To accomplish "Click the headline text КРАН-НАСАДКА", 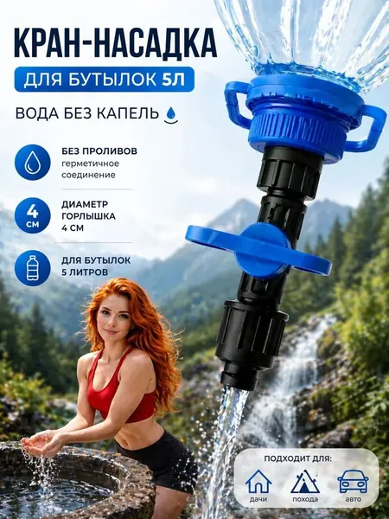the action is click(116, 44).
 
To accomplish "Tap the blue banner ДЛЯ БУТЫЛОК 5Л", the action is click(104, 80).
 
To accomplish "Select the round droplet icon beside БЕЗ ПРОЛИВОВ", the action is click(33, 163).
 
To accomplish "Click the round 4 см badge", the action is click(33, 215).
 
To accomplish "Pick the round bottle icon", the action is click(33, 268).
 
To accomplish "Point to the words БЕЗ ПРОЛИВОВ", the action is click(99, 151).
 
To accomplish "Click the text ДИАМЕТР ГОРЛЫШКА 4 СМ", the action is click(88, 215).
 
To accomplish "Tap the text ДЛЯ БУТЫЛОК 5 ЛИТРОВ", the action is click(96, 266).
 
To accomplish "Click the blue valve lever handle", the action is click(258, 248).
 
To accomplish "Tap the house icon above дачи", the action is click(258, 482).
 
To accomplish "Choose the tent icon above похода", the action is click(305, 482).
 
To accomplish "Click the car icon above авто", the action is click(353, 482).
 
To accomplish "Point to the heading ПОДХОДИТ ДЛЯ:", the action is click(299, 458).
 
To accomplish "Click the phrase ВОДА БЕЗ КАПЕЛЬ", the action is click(87, 113).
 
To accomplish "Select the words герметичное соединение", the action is click(90, 170).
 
